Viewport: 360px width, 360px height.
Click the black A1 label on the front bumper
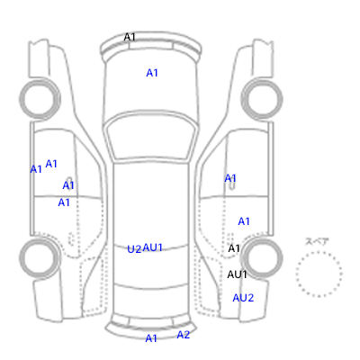tap(130, 37)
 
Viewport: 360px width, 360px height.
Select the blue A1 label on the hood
tap(152, 73)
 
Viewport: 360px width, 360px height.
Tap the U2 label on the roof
tap(134, 249)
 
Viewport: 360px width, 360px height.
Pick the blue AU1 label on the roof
tap(153, 247)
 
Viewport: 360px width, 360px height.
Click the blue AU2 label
tap(243, 298)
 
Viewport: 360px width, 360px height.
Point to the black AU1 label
tap(237, 274)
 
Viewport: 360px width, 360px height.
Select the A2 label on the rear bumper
tap(184, 335)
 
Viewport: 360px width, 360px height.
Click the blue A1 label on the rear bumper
tap(151, 338)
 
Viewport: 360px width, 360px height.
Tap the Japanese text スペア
tap(317, 241)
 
